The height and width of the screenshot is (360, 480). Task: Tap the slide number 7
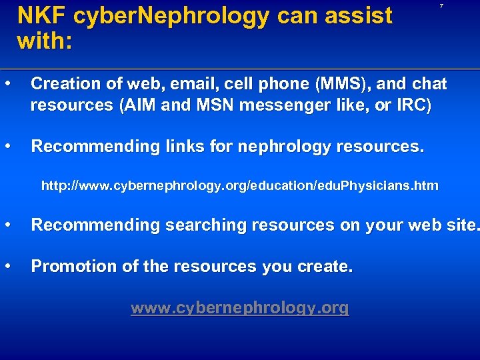[441, 6]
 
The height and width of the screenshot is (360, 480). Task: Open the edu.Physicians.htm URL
[240, 185]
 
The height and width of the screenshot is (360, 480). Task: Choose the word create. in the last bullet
[327, 267]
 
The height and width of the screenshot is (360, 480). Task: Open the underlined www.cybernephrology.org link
[239, 308]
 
